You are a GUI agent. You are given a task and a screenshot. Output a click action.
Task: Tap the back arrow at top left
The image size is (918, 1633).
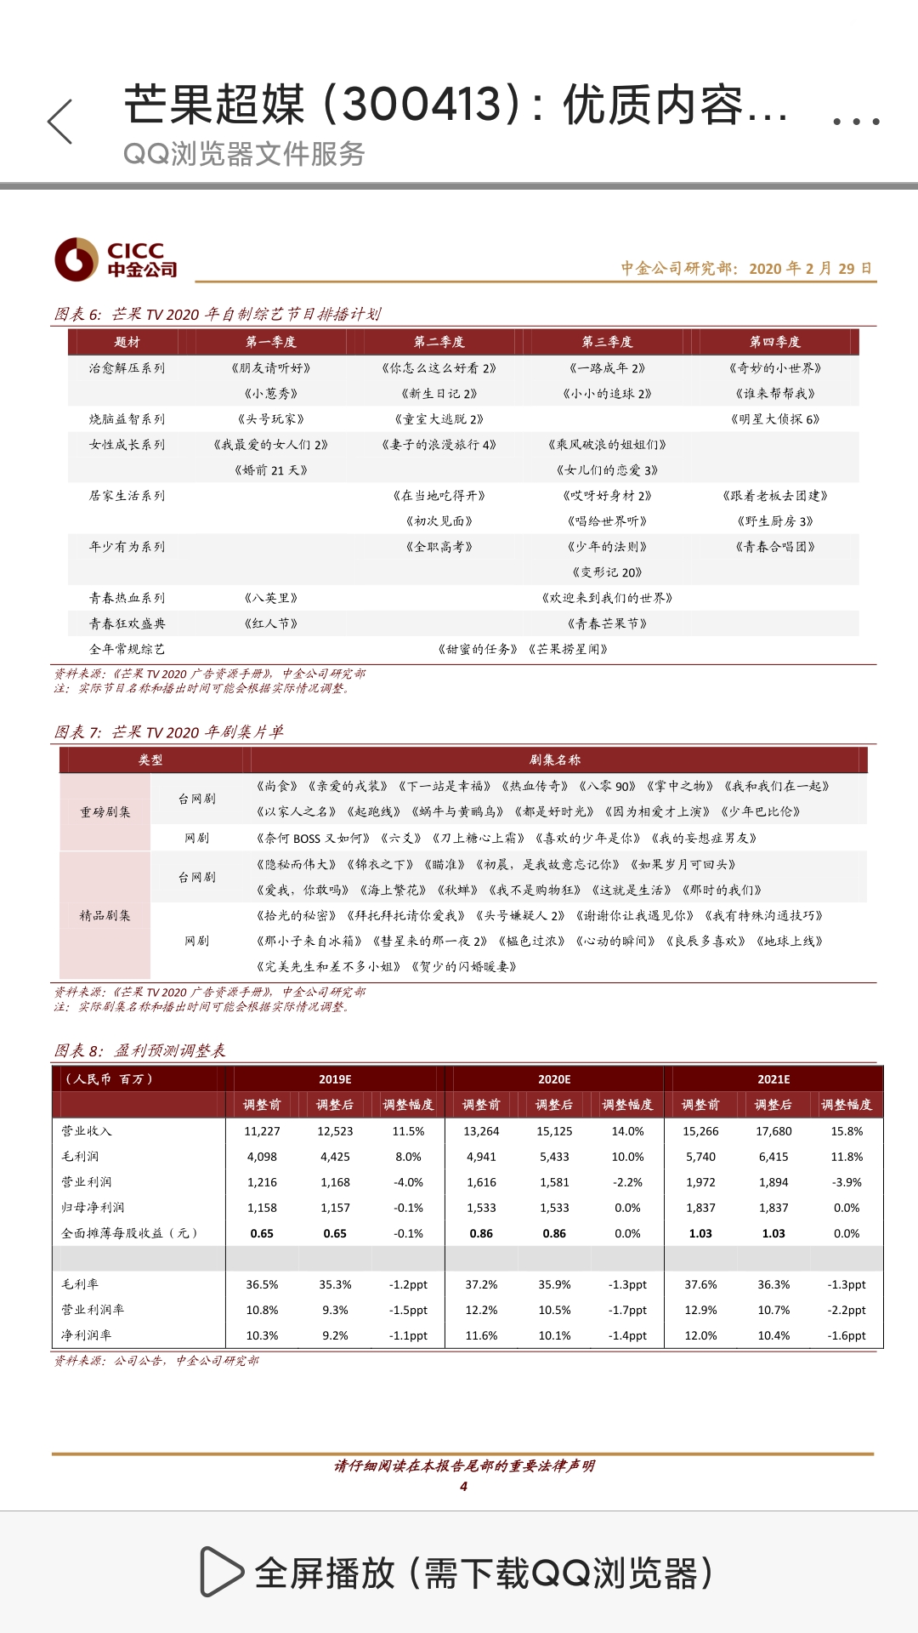pyautogui.click(x=60, y=122)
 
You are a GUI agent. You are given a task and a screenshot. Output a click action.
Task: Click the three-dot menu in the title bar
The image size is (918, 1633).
pyautogui.click(x=855, y=122)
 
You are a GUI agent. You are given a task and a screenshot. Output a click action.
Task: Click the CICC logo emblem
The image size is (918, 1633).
pyautogui.click(x=76, y=259)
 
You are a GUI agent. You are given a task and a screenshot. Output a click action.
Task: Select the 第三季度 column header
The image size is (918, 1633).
pyautogui.click(x=607, y=342)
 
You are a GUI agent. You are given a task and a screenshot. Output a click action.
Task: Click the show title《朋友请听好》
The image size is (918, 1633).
pyautogui.click(x=270, y=368)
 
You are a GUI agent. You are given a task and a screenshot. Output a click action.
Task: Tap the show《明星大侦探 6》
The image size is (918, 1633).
pyautogui.click(x=774, y=419)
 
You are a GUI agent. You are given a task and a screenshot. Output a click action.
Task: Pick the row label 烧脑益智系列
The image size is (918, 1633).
pyautogui.click(x=127, y=419)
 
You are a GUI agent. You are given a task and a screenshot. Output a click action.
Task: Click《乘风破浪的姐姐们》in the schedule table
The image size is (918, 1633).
pyautogui.click(x=607, y=445)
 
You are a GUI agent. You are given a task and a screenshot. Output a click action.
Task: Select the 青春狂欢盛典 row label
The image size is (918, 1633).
pyautogui.click(x=127, y=623)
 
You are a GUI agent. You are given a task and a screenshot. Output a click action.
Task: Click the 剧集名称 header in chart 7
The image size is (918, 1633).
pyautogui.click(x=554, y=760)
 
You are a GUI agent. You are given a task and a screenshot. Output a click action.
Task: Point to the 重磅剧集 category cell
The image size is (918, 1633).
pyautogui.click(x=105, y=812)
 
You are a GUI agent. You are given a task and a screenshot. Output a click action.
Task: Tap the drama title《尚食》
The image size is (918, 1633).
pyautogui.click(x=277, y=787)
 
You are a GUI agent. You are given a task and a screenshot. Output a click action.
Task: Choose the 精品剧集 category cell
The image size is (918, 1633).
pyautogui.click(x=105, y=916)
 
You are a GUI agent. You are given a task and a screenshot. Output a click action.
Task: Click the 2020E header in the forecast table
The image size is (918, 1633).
pyautogui.click(x=554, y=1079)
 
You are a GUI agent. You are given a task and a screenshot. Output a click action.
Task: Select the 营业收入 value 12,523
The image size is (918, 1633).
pyautogui.click(x=335, y=1131)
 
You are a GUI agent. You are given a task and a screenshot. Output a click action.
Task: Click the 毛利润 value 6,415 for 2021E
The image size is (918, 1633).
pyautogui.click(x=773, y=1157)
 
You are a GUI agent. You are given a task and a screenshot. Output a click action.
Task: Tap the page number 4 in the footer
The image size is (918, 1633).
pyautogui.click(x=463, y=1487)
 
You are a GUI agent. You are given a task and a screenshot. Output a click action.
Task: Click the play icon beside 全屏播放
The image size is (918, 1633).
pyautogui.click(x=220, y=1572)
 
